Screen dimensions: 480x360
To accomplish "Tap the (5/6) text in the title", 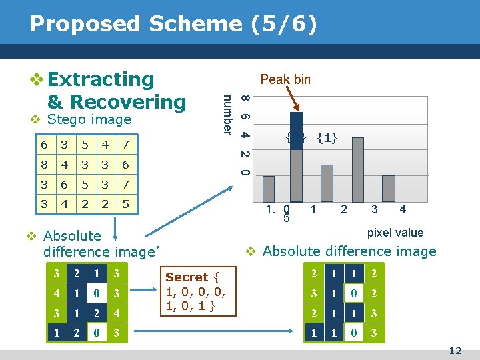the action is (x=280, y=24).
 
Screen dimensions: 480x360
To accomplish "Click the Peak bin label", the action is (x=285, y=79).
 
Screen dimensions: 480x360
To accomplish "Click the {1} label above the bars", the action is (x=327, y=138).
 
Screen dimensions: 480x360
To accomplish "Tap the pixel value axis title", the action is (x=395, y=233).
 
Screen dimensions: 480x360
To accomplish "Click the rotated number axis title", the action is (x=228, y=114).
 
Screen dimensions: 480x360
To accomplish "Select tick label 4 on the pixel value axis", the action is (x=403, y=209).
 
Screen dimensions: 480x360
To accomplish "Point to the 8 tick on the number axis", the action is (x=245, y=99).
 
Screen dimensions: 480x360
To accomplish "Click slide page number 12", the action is (x=455, y=351).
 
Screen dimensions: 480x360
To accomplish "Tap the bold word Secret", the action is (x=187, y=277).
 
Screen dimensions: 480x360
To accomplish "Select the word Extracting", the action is (x=101, y=79).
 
